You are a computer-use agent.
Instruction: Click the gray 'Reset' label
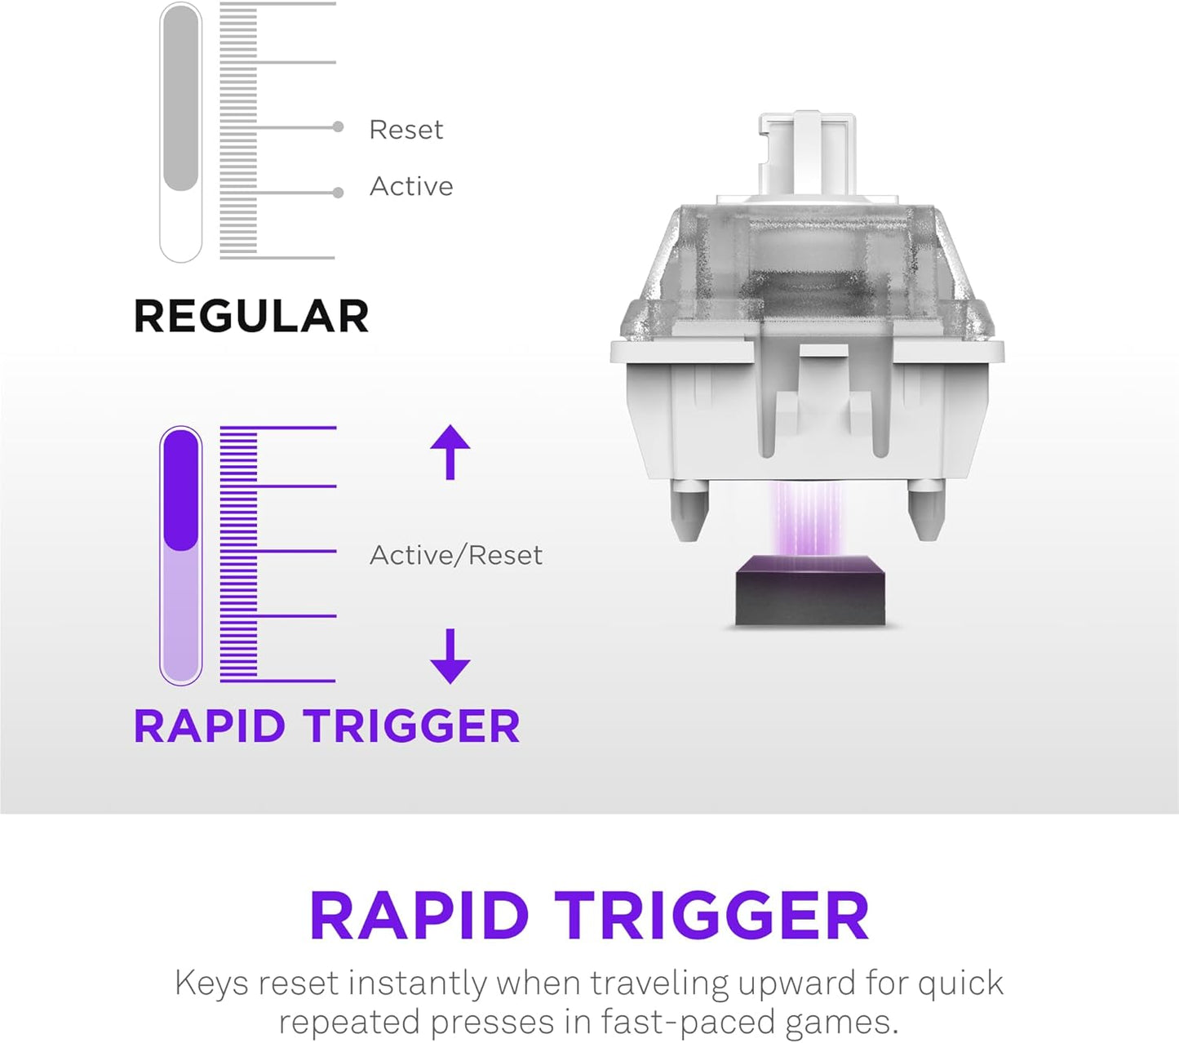(x=406, y=129)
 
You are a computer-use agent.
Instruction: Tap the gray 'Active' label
(x=410, y=186)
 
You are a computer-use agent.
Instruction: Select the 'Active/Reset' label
(x=455, y=555)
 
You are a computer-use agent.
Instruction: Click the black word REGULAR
(x=251, y=316)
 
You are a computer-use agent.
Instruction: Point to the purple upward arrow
(x=450, y=451)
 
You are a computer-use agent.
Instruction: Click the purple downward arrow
(x=450, y=655)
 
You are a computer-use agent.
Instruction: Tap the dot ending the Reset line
(x=338, y=126)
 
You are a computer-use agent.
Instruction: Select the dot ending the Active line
(x=338, y=193)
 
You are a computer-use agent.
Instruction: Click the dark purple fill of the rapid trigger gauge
(x=181, y=490)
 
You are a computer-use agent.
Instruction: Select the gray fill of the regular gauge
(x=181, y=98)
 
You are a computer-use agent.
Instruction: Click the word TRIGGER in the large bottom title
(x=711, y=916)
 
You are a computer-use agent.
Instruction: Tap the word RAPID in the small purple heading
(x=210, y=726)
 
